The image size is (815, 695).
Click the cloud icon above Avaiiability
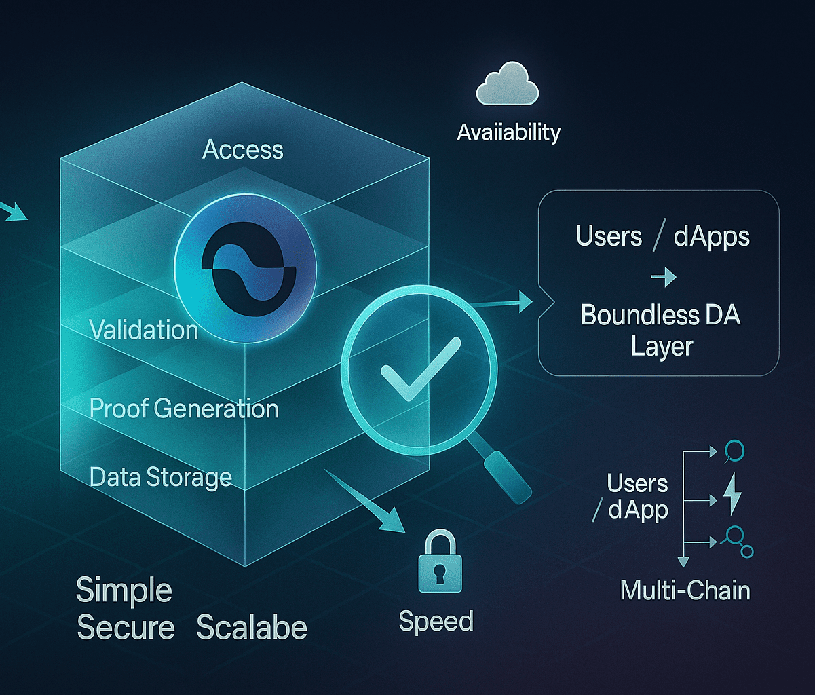(508, 87)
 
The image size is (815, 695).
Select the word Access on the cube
(243, 149)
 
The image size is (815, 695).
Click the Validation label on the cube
(144, 330)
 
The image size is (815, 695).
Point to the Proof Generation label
(184, 409)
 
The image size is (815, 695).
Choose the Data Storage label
(161, 477)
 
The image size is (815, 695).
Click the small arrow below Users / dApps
(662, 277)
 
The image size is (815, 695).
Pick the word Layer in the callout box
(662, 346)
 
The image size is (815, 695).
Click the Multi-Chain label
(685, 590)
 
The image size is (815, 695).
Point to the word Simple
(124, 590)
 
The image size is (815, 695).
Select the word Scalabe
(252, 628)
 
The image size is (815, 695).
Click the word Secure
(126, 628)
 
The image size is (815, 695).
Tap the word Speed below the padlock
(436, 621)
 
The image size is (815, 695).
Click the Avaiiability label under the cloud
(509, 132)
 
